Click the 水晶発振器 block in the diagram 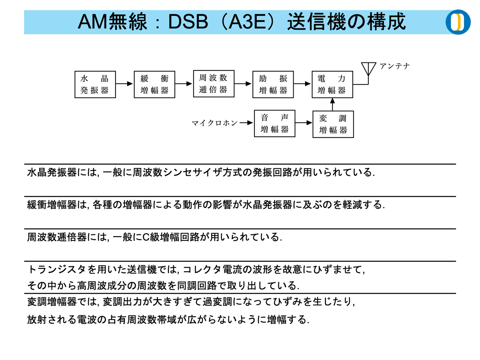tap(95, 84)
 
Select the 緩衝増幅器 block tap(154, 84)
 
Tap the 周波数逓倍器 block tap(214, 84)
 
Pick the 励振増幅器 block tap(273, 84)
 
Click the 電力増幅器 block tap(332, 84)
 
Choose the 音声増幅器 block tap(274, 124)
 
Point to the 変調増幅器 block tap(333, 124)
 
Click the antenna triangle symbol tap(368, 68)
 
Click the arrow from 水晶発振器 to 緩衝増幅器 tap(124, 84)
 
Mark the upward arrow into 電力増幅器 tap(332, 104)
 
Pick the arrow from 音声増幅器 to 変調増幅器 tap(304, 123)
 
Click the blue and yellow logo tap(458, 22)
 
